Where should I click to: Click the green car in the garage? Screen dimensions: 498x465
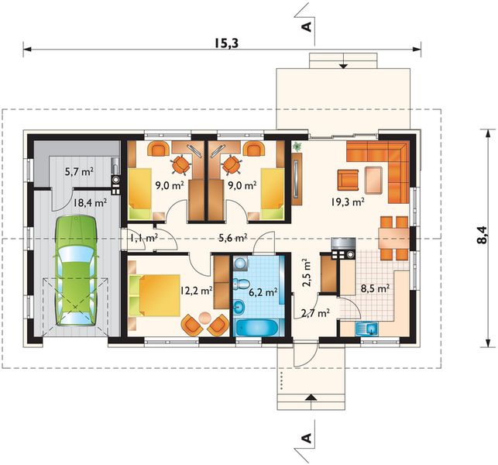76,270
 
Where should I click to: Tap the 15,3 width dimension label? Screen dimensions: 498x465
226,43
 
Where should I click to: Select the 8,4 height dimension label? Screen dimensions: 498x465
482,235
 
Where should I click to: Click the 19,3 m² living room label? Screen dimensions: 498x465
348,202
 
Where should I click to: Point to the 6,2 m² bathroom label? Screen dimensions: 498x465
263,291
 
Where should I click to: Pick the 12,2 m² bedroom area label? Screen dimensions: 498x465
196,290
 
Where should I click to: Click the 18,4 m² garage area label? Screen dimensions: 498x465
90,202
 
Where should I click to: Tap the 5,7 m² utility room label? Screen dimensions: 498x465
79,172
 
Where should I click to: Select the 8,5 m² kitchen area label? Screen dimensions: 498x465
375,288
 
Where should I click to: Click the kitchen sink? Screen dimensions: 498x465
367,329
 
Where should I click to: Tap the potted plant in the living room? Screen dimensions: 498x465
297,146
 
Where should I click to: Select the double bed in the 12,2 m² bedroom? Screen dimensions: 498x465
155,295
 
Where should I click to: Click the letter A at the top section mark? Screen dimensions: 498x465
307,27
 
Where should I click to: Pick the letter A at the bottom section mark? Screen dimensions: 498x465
307,439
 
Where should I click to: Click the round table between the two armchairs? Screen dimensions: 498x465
204,318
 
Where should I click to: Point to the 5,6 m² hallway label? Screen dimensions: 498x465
233,237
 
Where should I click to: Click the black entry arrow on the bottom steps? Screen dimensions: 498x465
311,397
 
